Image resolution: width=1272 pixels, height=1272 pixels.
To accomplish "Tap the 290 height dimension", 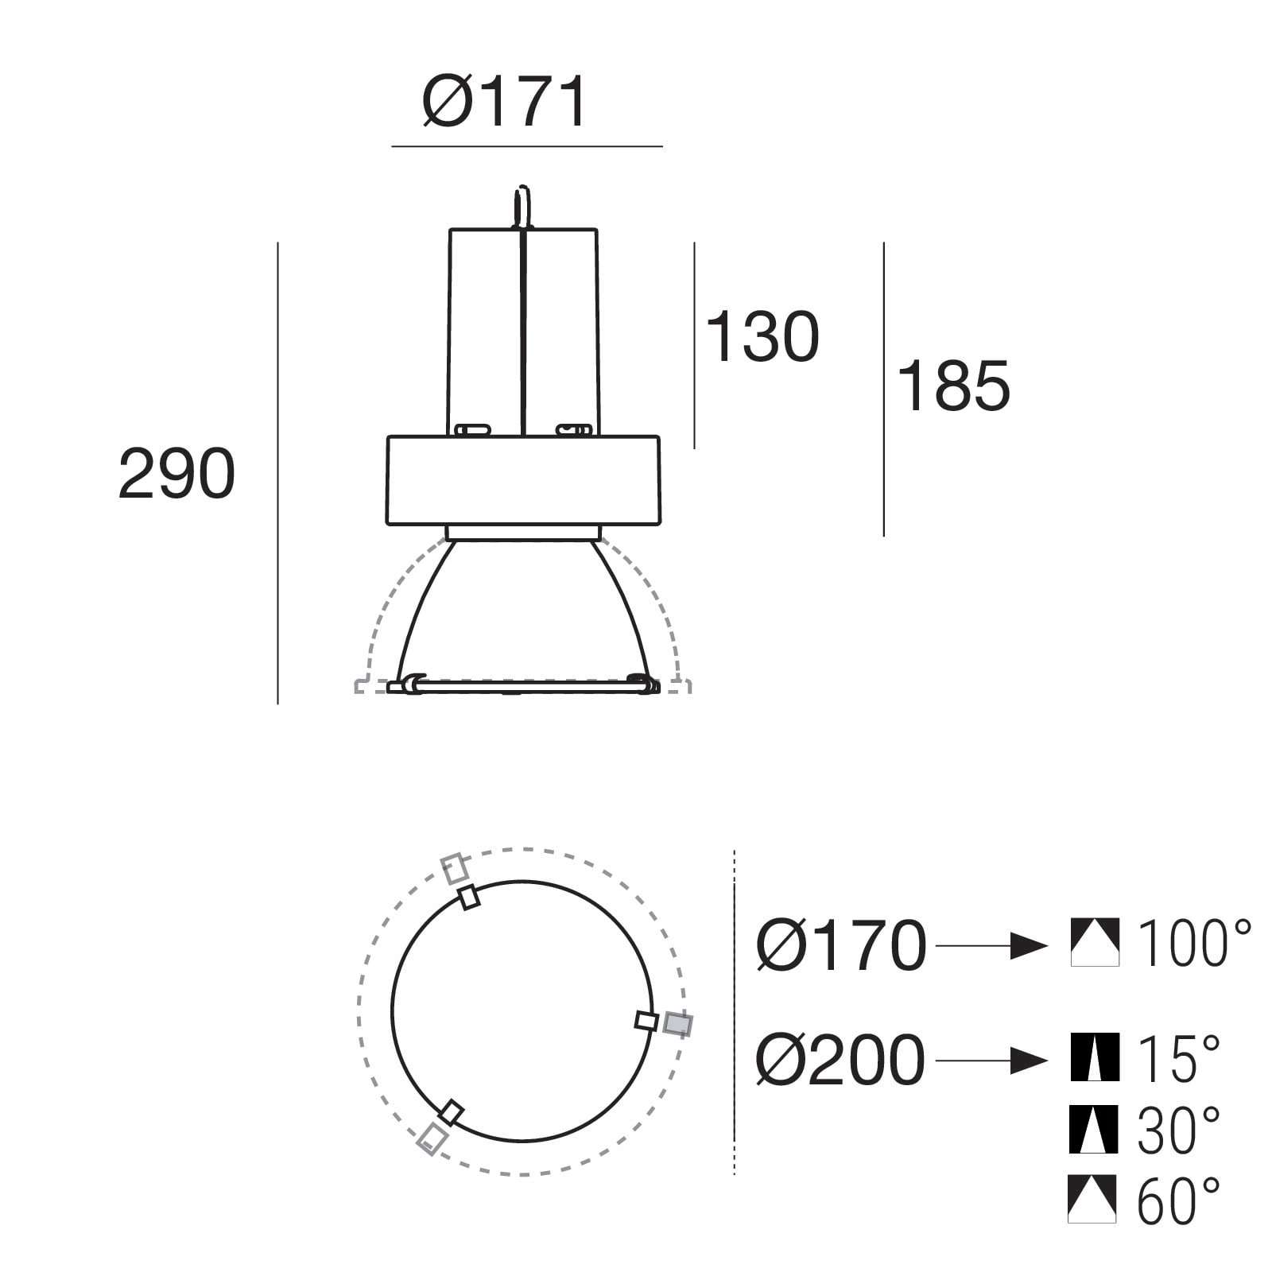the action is click(176, 474).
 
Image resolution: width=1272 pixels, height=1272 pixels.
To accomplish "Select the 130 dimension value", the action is click(762, 336).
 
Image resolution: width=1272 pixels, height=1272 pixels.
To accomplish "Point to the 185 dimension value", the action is click(952, 385).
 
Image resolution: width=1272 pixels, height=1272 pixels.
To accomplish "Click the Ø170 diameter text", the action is click(841, 945).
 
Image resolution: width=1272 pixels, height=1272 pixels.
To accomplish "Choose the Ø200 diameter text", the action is click(840, 1060).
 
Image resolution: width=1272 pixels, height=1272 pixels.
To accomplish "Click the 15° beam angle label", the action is click(1178, 1057).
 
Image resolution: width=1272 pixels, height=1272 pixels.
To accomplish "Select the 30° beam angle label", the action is click(1178, 1129).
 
